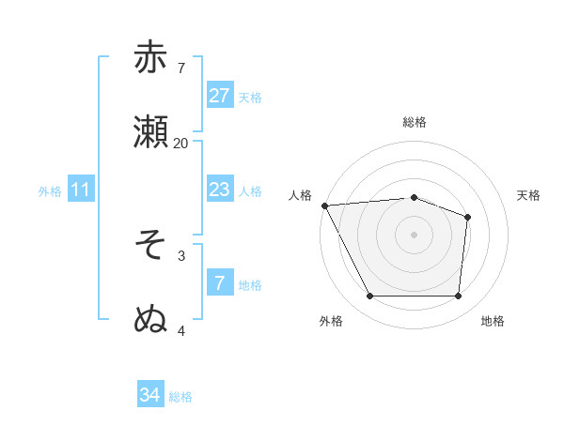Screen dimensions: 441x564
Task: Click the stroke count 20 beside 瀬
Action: click(180, 143)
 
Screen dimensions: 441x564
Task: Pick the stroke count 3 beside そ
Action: click(181, 254)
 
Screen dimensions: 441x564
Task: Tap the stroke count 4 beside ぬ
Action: click(181, 330)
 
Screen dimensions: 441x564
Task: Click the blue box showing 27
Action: click(219, 96)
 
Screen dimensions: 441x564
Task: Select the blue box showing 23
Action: click(219, 190)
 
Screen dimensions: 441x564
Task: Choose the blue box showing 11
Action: click(80, 190)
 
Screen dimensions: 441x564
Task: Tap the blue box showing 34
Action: click(149, 395)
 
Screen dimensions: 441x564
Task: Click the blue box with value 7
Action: click(219, 283)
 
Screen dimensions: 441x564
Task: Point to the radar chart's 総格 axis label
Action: click(414, 122)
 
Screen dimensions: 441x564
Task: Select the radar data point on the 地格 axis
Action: click(458, 297)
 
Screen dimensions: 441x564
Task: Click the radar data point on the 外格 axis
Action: click(369, 297)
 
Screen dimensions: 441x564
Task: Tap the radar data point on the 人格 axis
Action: click(324, 205)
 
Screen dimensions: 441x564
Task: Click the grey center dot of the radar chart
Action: click(414, 235)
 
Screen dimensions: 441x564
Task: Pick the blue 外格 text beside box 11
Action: click(50, 191)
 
